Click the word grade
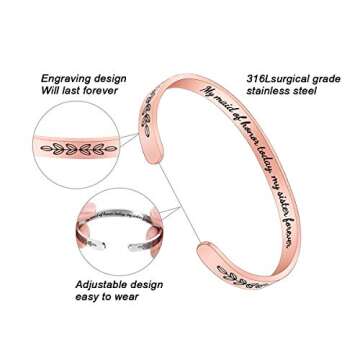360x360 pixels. tap(325, 77)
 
